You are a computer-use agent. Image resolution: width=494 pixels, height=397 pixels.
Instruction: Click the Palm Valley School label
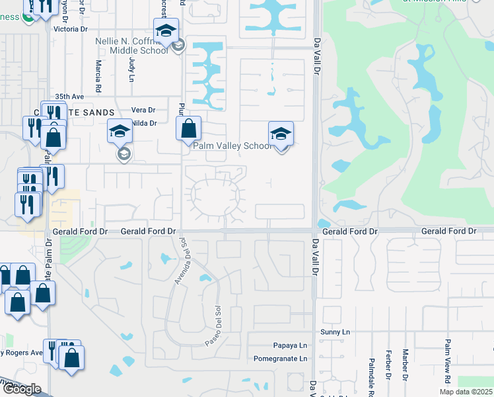[230, 146]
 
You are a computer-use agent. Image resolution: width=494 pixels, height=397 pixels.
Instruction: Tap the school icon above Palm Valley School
[281, 134]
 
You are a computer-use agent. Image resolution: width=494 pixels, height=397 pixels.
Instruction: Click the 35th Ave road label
[69, 96]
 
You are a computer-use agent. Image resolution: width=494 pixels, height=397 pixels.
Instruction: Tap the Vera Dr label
[143, 110]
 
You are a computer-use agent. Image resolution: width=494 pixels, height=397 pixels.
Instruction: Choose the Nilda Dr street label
[144, 123]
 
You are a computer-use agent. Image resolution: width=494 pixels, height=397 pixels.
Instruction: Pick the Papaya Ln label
[290, 345]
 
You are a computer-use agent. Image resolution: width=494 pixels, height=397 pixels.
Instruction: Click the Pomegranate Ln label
[281, 359]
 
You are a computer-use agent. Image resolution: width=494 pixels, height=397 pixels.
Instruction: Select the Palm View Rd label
[448, 361]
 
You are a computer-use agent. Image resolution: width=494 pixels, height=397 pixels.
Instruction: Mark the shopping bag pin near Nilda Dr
[188, 128]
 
